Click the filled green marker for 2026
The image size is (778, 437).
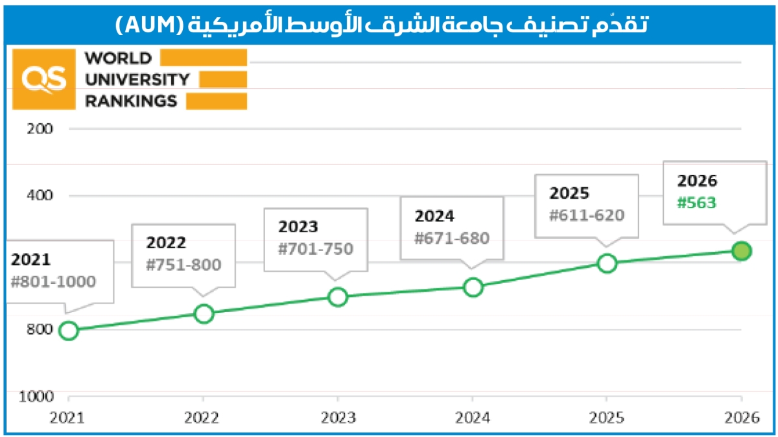pyautogui.click(x=742, y=251)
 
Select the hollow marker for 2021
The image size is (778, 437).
pyautogui.click(x=68, y=331)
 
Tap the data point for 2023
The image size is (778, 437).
pyautogui.click(x=338, y=297)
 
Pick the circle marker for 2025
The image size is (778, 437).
pyautogui.click(x=607, y=263)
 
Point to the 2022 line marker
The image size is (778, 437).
pyautogui.click(x=204, y=314)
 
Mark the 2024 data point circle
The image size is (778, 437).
pyautogui.click(x=473, y=287)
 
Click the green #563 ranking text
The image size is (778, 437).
pyautogui.click(x=696, y=202)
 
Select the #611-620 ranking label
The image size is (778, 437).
pyautogui.click(x=587, y=215)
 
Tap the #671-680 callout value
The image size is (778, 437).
pyautogui.click(x=452, y=238)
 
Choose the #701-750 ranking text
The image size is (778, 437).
pyautogui.click(x=316, y=248)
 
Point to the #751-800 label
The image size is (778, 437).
pyautogui.click(x=184, y=265)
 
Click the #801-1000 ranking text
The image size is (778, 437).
pyautogui.click(x=54, y=281)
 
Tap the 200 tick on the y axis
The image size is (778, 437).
pyautogui.click(x=40, y=128)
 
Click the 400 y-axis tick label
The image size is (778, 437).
pyautogui.click(x=40, y=195)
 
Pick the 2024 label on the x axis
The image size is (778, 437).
pyautogui.click(x=473, y=418)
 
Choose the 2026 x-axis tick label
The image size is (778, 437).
pyautogui.click(x=741, y=418)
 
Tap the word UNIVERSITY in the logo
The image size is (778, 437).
pyautogui.click(x=137, y=80)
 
